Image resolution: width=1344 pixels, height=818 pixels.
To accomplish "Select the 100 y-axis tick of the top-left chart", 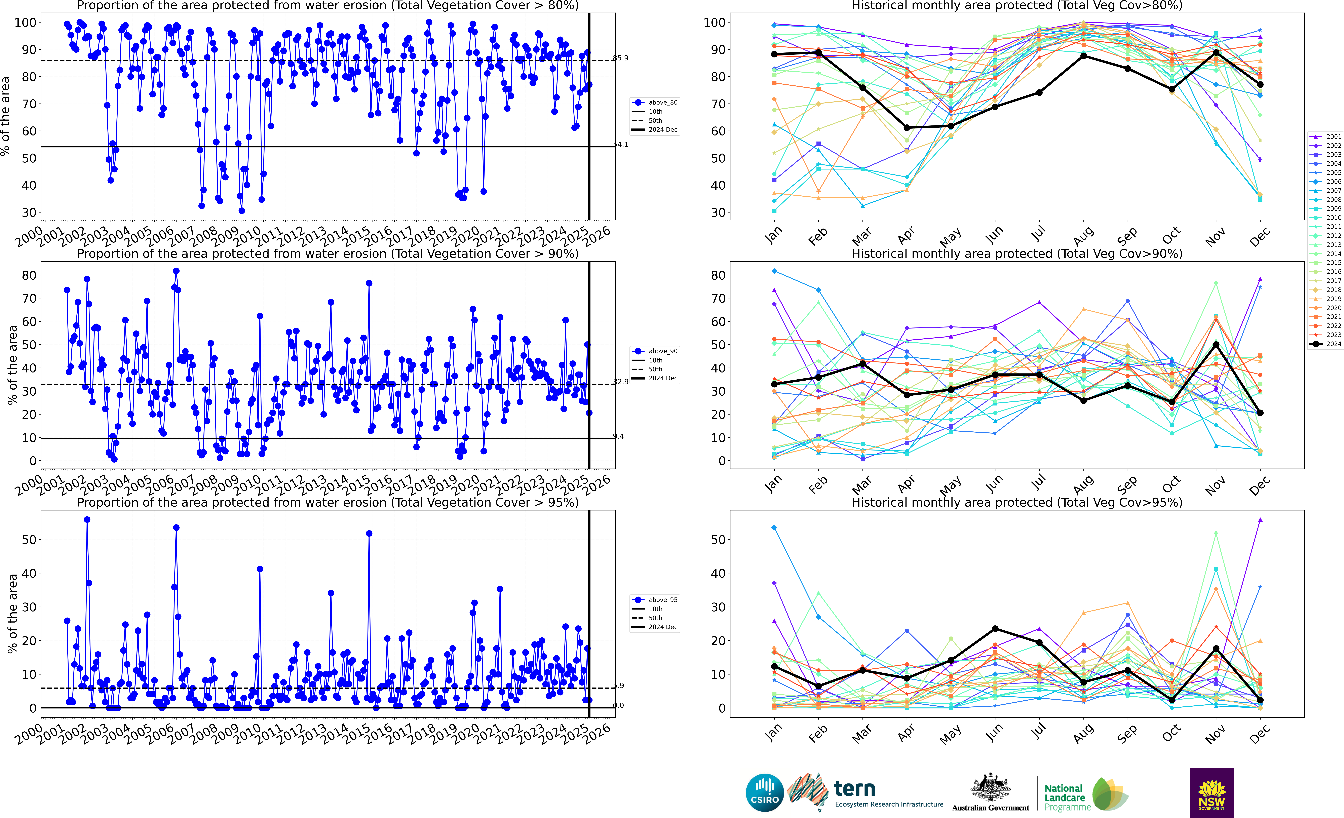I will pyautogui.click(x=26, y=23).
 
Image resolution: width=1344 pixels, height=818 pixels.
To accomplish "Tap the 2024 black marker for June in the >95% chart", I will pyautogui.click(x=995, y=629).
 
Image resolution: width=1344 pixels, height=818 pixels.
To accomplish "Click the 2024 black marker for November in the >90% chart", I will pyautogui.click(x=1216, y=345).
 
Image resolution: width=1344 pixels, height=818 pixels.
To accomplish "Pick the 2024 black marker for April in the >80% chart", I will pyautogui.click(x=907, y=128).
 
